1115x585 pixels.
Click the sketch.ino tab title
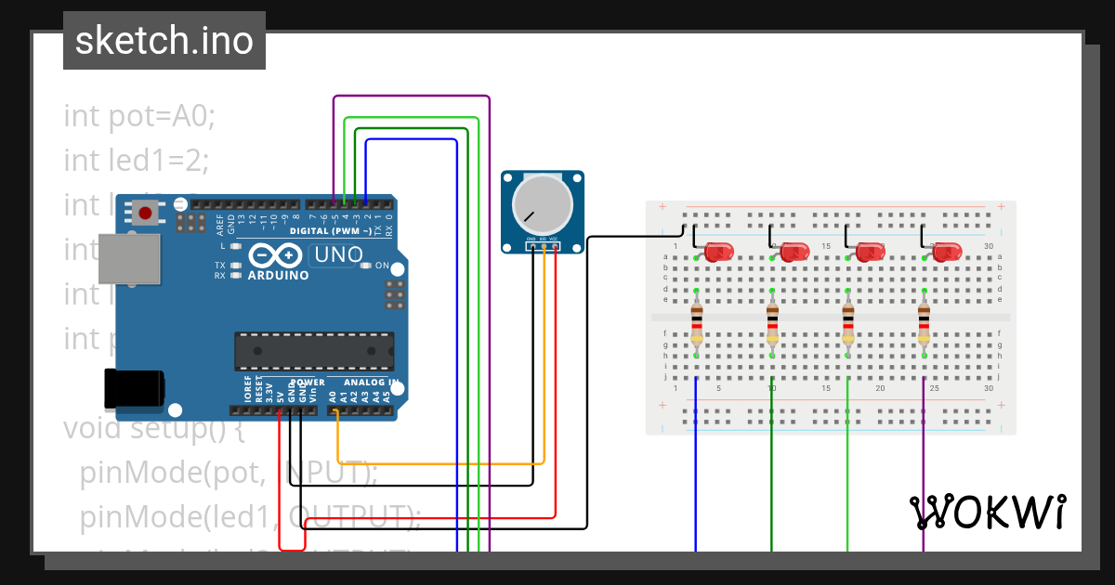(164, 41)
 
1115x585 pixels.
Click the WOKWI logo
(987, 512)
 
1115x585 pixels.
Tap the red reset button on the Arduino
(145, 214)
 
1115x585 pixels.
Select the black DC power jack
(134, 388)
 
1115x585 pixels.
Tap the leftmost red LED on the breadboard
(718, 251)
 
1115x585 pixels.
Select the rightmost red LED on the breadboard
(947, 251)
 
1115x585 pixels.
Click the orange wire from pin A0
(437, 462)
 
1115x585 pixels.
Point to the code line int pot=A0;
(139, 116)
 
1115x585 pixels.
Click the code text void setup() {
(153, 429)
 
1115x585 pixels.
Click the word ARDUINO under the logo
(278, 276)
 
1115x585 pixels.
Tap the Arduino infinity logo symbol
(275, 254)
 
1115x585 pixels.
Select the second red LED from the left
(794, 251)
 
